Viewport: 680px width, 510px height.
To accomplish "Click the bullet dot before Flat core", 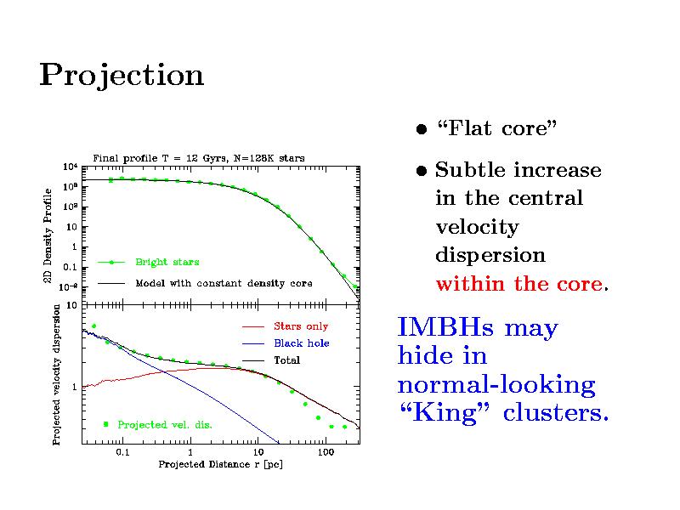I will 421,130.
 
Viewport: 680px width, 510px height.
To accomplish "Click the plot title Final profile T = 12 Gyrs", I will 198,157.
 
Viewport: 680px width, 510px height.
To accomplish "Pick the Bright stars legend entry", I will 167,262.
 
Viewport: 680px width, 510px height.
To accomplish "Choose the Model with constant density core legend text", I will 224,283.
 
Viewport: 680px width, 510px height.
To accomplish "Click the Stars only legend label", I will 300,326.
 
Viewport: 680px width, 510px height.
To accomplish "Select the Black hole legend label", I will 301,343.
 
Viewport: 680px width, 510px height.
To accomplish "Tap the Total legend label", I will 286,360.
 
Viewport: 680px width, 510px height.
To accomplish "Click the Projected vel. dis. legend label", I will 164,423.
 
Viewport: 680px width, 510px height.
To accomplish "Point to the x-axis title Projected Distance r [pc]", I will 220,465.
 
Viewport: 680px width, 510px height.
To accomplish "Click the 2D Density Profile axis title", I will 49,236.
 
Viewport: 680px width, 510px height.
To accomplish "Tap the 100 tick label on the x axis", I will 324,453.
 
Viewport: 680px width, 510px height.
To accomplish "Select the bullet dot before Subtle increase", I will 421,172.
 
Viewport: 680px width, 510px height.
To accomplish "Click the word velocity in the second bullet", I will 476,227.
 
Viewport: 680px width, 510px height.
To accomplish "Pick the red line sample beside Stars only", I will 254,326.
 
